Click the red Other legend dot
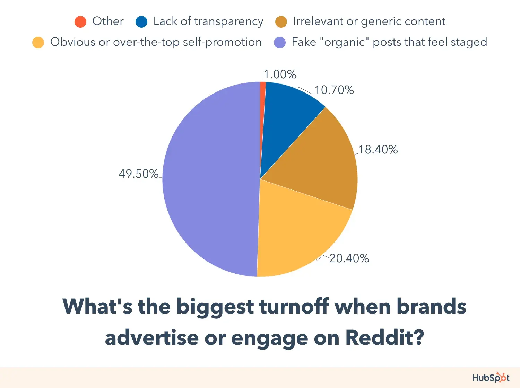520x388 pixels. (80, 22)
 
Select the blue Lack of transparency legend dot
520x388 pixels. (141, 22)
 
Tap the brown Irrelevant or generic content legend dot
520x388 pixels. (281, 22)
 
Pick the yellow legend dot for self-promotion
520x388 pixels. (38, 43)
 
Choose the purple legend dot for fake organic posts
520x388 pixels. (280, 43)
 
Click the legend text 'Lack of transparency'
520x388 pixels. (208, 21)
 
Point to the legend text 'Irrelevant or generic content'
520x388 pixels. (369, 21)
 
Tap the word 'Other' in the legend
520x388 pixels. (108, 21)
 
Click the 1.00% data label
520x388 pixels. (280, 74)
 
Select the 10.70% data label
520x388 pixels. (334, 90)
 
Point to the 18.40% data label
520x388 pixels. (378, 150)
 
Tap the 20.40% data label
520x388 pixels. (349, 258)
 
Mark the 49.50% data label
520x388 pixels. (139, 174)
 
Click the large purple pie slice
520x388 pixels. (208, 180)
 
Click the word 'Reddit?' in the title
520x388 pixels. (385, 337)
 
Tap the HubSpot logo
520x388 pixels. (491, 378)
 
